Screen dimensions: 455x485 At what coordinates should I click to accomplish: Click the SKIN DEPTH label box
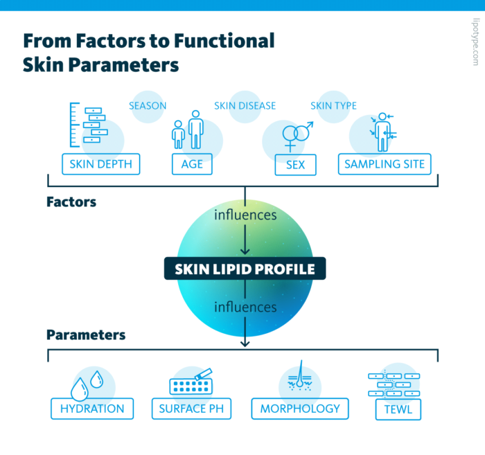pos(100,165)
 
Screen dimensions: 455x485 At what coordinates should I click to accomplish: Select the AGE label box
pos(192,165)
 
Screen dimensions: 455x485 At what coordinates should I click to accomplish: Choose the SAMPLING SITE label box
pos(385,165)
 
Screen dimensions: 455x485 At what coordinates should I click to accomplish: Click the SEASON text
pos(148,106)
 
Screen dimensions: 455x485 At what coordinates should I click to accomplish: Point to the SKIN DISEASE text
pos(245,106)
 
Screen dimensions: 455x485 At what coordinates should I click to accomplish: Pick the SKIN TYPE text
pos(333,106)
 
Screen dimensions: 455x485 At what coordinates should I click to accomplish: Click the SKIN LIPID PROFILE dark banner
pos(245,268)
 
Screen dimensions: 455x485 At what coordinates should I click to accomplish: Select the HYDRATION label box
pos(92,409)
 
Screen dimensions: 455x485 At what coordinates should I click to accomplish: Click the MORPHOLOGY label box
pos(300,409)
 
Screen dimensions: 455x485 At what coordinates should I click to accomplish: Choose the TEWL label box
pos(398,409)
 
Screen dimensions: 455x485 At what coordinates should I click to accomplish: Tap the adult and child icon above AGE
pos(188,130)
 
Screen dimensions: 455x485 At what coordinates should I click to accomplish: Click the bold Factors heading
pos(71,202)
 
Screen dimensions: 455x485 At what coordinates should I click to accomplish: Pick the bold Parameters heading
pos(86,334)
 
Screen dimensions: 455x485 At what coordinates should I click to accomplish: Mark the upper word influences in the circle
pos(245,215)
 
